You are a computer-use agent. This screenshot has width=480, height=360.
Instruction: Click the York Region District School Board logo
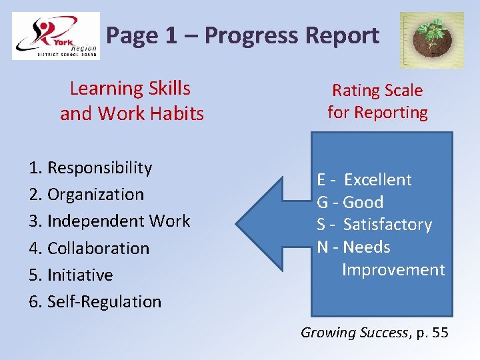[x=56, y=36]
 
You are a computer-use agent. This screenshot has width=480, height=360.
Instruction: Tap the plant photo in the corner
[x=431, y=40]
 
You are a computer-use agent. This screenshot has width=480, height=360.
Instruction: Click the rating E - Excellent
[x=365, y=180]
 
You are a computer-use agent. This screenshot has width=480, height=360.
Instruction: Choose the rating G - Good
[x=350, y=202]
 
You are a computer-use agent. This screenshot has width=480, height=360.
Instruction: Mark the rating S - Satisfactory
[x=375, y=225]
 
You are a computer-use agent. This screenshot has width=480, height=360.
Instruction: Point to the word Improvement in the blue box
[x=393, y=270]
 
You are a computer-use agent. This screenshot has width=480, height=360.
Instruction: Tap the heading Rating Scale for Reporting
[x=377, y=101]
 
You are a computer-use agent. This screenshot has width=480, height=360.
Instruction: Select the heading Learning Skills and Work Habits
[x=131, y=101]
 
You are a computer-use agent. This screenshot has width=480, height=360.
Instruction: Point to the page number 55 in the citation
[x=440, y=332]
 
